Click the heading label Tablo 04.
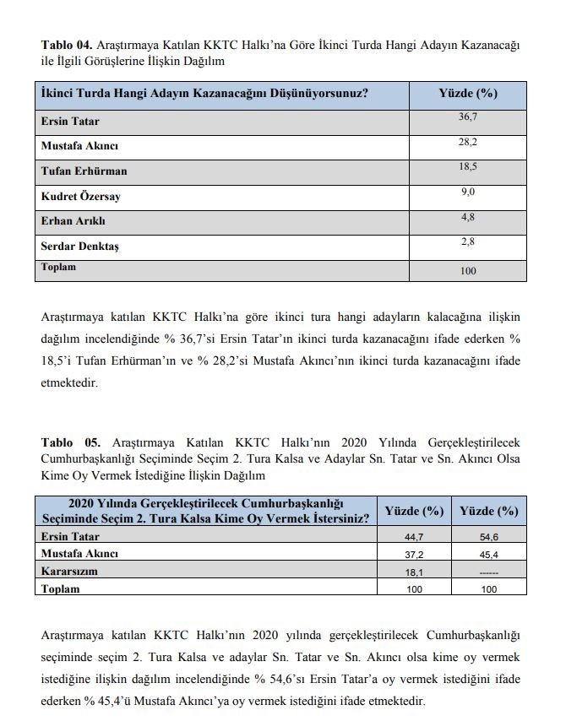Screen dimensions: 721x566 66,44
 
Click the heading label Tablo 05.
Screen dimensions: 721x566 66,442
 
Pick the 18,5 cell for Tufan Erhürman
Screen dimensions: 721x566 467,166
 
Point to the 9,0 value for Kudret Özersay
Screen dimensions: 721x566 467,192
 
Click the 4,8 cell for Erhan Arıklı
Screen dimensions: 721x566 467,217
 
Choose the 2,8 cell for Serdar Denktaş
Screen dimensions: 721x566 467,242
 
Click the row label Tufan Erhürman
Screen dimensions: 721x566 84,171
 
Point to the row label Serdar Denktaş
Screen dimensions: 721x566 81,247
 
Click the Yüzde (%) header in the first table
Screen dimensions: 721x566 467,93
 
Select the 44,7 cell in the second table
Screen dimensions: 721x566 414,538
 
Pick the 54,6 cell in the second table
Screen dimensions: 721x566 488,538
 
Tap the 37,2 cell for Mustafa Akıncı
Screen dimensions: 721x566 414,555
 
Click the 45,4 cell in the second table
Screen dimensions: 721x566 488,555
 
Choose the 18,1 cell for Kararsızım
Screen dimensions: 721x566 414,572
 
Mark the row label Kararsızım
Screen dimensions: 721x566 69,571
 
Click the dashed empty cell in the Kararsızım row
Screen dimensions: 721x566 488,572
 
